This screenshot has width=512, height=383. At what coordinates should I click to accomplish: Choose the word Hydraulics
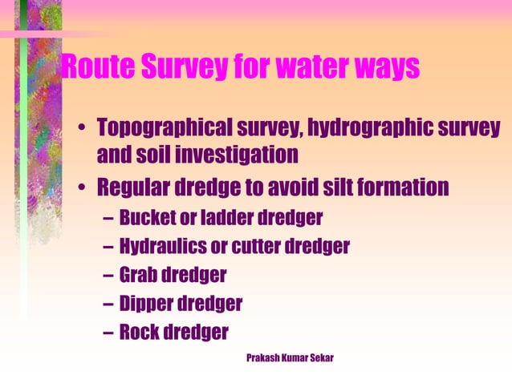(161, 247)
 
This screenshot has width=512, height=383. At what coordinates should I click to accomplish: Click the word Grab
(137, 276)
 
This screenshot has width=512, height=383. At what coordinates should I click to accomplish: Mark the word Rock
(138, 333)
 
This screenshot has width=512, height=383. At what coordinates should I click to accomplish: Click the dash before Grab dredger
(108, 276)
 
